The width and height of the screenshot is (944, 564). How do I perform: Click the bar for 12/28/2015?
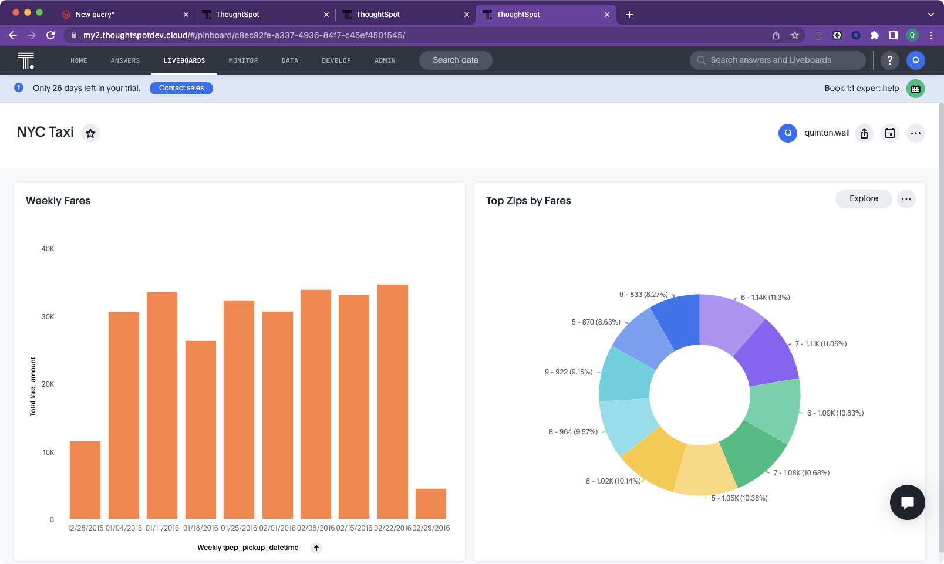(x=85, y=479)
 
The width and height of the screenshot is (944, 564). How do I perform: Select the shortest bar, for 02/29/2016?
(x=431, y=504)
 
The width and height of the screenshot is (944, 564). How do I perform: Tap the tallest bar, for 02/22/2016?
(x=392, y=401)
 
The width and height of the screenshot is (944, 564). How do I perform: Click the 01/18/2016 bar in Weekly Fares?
(x=201, y=430)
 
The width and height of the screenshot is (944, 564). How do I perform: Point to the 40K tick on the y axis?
(x=48, y=248)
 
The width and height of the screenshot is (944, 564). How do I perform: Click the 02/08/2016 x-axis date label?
(x=316, y=528)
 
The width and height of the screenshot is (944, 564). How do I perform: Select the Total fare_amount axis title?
(x=33, y=386)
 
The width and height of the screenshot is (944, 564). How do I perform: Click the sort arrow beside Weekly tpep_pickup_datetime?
(x=316, y=548)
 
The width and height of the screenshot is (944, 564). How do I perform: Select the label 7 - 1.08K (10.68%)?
(x=801, y=472)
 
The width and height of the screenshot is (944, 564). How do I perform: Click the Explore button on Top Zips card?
(x=864, y=198)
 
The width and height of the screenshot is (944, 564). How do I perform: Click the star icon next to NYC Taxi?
(x=90, y=133)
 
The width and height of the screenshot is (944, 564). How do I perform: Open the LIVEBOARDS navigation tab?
(x=184, y=60)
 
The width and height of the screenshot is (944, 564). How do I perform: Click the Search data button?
(x=455, y=60)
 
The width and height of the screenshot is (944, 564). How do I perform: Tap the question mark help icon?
(x=889, y=60)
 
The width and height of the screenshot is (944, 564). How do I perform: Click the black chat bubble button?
(x=907, y=502)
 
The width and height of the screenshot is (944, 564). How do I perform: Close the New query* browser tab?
(x=186, y=14)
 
